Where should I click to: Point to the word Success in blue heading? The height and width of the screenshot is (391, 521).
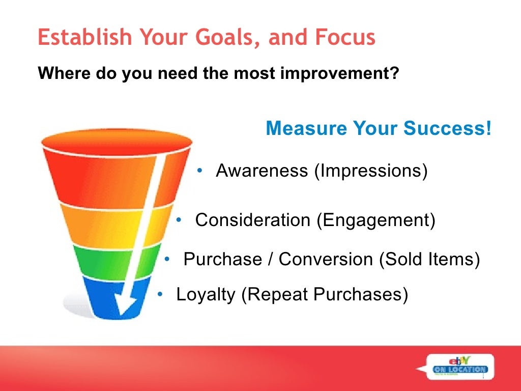445,129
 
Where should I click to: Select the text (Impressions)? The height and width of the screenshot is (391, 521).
370,171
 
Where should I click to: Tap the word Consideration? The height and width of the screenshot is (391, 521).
252,220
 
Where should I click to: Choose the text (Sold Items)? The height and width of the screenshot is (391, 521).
429,259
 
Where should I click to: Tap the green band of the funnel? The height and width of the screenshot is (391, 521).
97,260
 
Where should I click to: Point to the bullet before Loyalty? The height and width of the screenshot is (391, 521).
160,294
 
